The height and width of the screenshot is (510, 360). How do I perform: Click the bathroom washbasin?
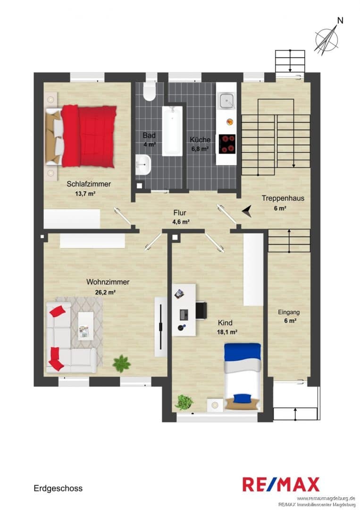pyautogui.click(x=143, y=165)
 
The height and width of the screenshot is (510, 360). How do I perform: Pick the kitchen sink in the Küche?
pyautogui.click(x=226, y=101)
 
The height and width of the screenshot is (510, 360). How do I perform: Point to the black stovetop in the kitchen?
pyautogui.click(x=227, y=144)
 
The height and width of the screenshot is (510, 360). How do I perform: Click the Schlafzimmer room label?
pyautogui.click(x=89, y=184)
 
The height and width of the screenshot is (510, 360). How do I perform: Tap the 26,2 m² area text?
pyautogui.click(x=105, y=292)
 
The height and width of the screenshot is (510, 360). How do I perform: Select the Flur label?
pyautogui.click(x=180, y=212)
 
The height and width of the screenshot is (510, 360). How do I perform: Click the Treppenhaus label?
pyautogui.click(x=283, y=198)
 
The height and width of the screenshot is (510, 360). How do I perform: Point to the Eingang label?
pyautogui.click(x=289, y=312)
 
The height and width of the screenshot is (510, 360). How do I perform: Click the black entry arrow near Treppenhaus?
pyautogui.click(x=247, y=211)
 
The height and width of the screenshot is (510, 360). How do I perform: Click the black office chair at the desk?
pyautogui.click(x=201, y=310)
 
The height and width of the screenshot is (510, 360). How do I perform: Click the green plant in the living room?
pyautogui.click(x=122, y=363)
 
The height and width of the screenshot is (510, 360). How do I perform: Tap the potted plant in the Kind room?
pyautogui.click(x=184, y=402)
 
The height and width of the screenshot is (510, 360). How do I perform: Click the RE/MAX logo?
pyautogui.click(x=281, y=484)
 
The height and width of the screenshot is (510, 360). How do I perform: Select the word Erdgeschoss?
pyautogui.click(x=58, y=488)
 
